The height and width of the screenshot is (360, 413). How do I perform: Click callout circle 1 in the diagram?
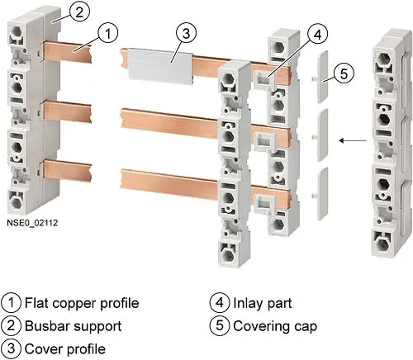108,34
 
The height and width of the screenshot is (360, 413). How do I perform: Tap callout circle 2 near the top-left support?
79,12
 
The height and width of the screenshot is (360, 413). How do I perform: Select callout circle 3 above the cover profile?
186,34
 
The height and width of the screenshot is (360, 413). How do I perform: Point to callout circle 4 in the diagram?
318,35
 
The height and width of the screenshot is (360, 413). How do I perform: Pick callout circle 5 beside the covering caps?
344,73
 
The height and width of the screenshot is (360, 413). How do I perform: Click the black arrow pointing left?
353,140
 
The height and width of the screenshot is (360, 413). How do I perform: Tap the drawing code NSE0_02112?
32,223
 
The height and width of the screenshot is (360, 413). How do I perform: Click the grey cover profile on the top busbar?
161,67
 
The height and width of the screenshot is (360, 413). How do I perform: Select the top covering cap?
322,77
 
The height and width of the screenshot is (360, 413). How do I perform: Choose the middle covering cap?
322,135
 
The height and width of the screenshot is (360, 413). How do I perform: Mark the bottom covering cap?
322,193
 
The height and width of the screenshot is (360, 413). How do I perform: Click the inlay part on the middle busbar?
264,142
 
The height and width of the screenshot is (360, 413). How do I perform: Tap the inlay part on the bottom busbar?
264,204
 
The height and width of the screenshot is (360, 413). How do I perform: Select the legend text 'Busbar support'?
74,326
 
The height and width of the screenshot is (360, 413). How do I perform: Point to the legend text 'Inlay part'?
263,303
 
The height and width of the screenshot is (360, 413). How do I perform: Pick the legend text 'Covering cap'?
275,326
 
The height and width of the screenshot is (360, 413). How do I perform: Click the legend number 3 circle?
11,348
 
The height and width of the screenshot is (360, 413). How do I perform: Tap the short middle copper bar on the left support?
67,111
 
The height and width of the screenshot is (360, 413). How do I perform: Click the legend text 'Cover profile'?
65,349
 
